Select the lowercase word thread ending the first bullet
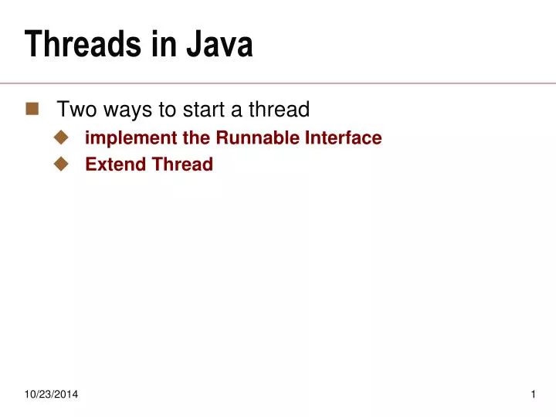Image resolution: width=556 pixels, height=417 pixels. [279, 110]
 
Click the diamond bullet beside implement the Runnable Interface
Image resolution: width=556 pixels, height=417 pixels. [61, 137]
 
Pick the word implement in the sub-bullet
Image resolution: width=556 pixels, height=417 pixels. [123, 138]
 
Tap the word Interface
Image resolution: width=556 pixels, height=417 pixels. [342, 138]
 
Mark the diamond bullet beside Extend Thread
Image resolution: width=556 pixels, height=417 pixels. [61, 164]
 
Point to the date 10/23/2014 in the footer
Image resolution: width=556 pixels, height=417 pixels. [50, 395]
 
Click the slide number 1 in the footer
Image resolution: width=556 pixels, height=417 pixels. [533, 395]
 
